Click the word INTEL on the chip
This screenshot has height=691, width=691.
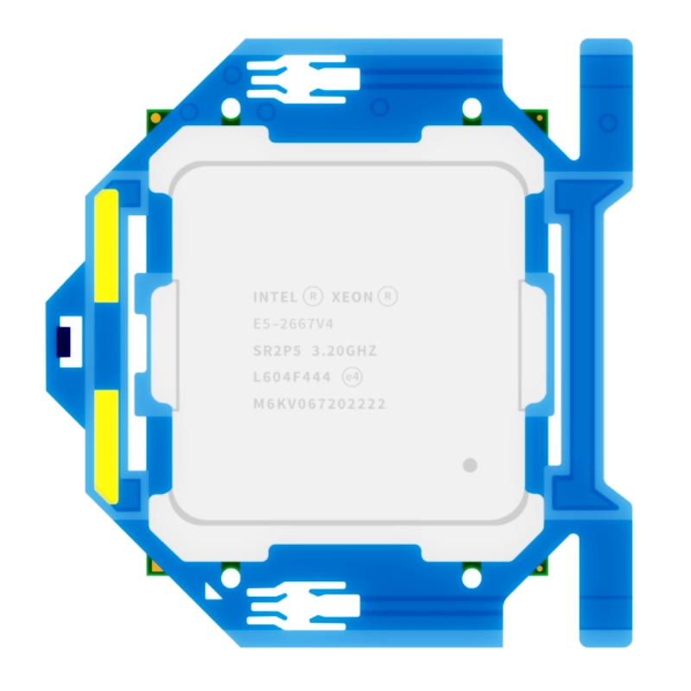tap(276, 297)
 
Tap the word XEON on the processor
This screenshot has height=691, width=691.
tap(352, 297)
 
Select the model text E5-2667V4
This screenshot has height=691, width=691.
tap(294, 325)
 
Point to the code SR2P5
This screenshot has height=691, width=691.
tap(277, 352)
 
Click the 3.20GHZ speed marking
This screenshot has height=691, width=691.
tap(345, 352)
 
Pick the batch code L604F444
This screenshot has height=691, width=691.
tap(292, 377)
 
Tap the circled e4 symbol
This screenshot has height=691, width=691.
tap(352, 377)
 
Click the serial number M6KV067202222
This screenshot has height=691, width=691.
tap(320, 404)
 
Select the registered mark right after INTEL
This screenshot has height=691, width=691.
tap(314, 296)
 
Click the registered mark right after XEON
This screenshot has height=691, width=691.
tap(388, 296)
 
